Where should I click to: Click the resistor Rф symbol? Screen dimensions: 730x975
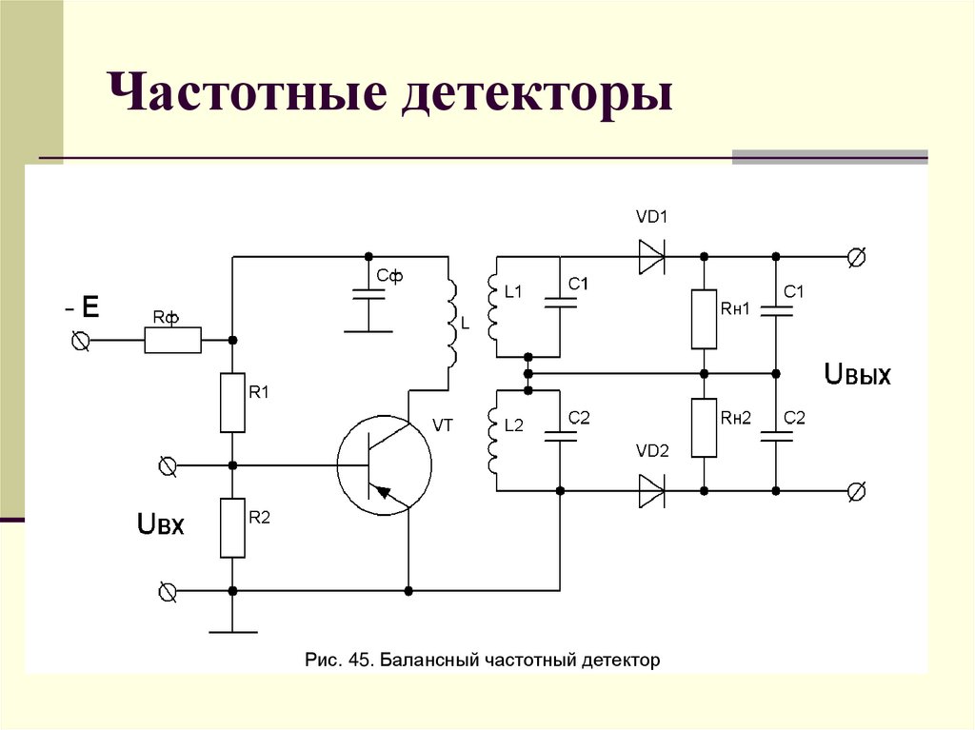[x=173, y=340]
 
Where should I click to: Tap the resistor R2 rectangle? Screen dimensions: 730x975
[x=233, y=527]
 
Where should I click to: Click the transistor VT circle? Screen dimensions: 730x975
[x=384, y=465]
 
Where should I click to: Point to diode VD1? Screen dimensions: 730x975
[x=652, y=257]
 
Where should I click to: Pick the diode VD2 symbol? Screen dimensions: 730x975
[x=652, y=491]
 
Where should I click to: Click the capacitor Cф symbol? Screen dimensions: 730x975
[x=368, y=294]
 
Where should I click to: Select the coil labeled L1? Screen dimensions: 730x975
[x=492, y=307]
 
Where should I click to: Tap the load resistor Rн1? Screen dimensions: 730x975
[x=704, y=319]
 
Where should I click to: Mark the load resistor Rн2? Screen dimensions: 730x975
[x=704, y=428]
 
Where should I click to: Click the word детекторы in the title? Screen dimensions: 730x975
[x=537, y=98]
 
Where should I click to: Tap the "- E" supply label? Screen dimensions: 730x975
[x=82, y=307]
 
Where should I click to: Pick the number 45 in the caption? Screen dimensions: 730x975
[x=353, y=659]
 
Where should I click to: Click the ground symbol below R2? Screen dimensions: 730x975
[x=233, y=629]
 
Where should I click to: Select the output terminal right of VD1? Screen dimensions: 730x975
[x=856, y=257]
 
